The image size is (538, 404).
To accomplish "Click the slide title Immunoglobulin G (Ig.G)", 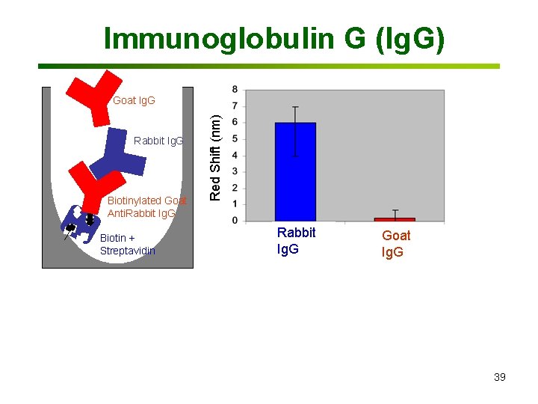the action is click(274, 38).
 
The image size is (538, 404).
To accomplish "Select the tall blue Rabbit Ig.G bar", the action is click(295, 172).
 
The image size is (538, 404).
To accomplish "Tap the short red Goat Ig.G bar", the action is click(395, 218).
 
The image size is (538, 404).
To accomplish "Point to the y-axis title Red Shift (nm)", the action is click(215, 157).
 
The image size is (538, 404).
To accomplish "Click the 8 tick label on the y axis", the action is click(236, 90).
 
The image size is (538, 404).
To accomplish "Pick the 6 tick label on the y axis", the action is click(236, 123).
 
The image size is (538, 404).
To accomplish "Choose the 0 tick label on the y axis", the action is click(236, 221).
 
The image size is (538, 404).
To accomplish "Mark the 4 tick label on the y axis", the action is click(236, 156).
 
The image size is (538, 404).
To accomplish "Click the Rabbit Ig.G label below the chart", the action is click(296, 241).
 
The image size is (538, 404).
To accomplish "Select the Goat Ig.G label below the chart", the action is click(395, 243).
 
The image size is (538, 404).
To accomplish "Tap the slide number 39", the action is click(499, 377).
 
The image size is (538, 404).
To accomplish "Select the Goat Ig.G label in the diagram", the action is click(134, 100).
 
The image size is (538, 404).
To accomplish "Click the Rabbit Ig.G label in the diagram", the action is click(158, 141).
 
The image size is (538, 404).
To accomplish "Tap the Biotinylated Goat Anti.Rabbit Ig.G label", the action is click(146, 206).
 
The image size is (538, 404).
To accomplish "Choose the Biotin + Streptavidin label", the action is click(127, 245).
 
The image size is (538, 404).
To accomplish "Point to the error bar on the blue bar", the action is click(295, 131).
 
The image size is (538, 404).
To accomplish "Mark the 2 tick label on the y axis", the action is click(236, 188).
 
